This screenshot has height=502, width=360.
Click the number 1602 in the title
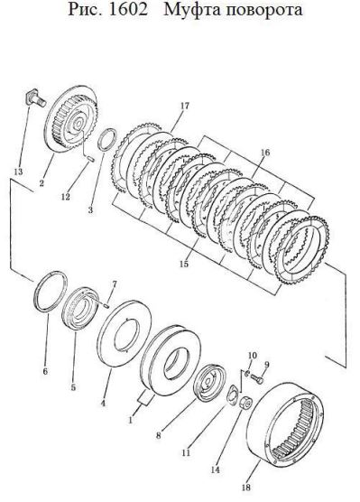128,9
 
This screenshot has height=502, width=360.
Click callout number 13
19,172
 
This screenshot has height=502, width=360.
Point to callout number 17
185,106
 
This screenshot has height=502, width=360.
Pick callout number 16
265,152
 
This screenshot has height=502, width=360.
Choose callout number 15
184,265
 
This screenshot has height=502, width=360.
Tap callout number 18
245,488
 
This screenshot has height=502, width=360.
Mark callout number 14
216,470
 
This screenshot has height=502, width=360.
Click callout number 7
115,284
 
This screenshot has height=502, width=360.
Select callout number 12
66,197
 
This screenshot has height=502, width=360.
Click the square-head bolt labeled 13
35,98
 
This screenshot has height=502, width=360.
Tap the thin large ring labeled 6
51,291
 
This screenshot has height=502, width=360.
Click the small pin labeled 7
106,306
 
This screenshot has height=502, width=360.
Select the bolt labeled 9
258,380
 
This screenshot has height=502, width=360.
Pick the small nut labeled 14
245,402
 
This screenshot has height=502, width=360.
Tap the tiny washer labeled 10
247,373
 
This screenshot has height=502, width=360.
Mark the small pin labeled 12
90,158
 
